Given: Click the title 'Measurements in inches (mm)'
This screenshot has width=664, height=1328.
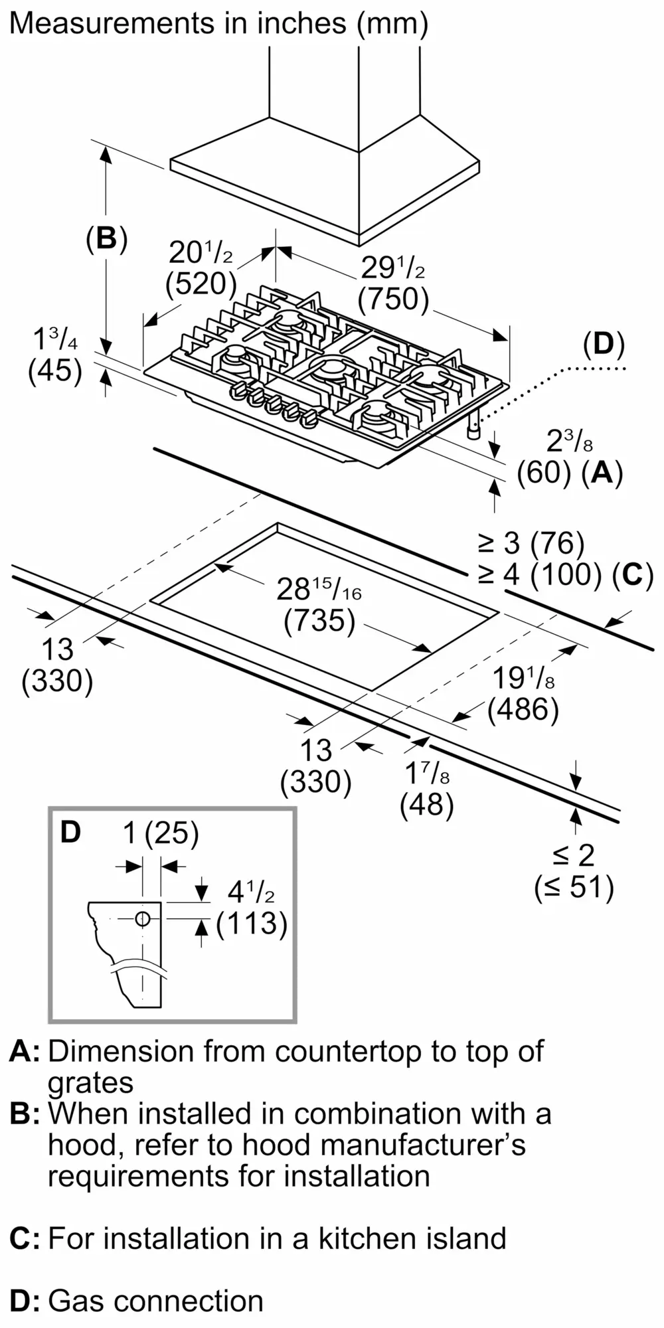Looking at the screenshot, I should click(x=218, y=24).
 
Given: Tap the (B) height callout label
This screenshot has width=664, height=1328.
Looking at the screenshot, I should click(x=106, y=238).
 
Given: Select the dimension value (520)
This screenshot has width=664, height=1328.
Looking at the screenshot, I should click(x=201, y=284).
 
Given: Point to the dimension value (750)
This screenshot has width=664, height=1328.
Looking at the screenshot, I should click(x=393, y=299).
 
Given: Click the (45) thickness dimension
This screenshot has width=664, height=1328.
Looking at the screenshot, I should click(x=55, y=371).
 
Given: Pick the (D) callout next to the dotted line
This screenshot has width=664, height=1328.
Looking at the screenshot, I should click(x=604, y=345).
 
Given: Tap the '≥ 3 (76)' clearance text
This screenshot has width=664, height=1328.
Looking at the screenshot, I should click(x=531, y=543).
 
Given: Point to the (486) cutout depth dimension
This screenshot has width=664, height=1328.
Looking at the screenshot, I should click(x=523, y=709).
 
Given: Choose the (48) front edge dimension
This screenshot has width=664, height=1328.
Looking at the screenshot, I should click(x=427, y=805).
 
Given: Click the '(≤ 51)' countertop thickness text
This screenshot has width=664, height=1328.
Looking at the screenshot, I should click(x=574, y=887).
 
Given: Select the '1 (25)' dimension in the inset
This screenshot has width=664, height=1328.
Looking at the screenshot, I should click(x=161, y=833).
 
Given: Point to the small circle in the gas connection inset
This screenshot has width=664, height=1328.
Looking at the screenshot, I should click(x=142, y=919).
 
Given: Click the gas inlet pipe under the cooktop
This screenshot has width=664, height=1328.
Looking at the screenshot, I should click(x=473, y=428).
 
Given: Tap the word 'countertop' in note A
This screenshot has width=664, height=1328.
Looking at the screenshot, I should click(x=348, y=1051).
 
